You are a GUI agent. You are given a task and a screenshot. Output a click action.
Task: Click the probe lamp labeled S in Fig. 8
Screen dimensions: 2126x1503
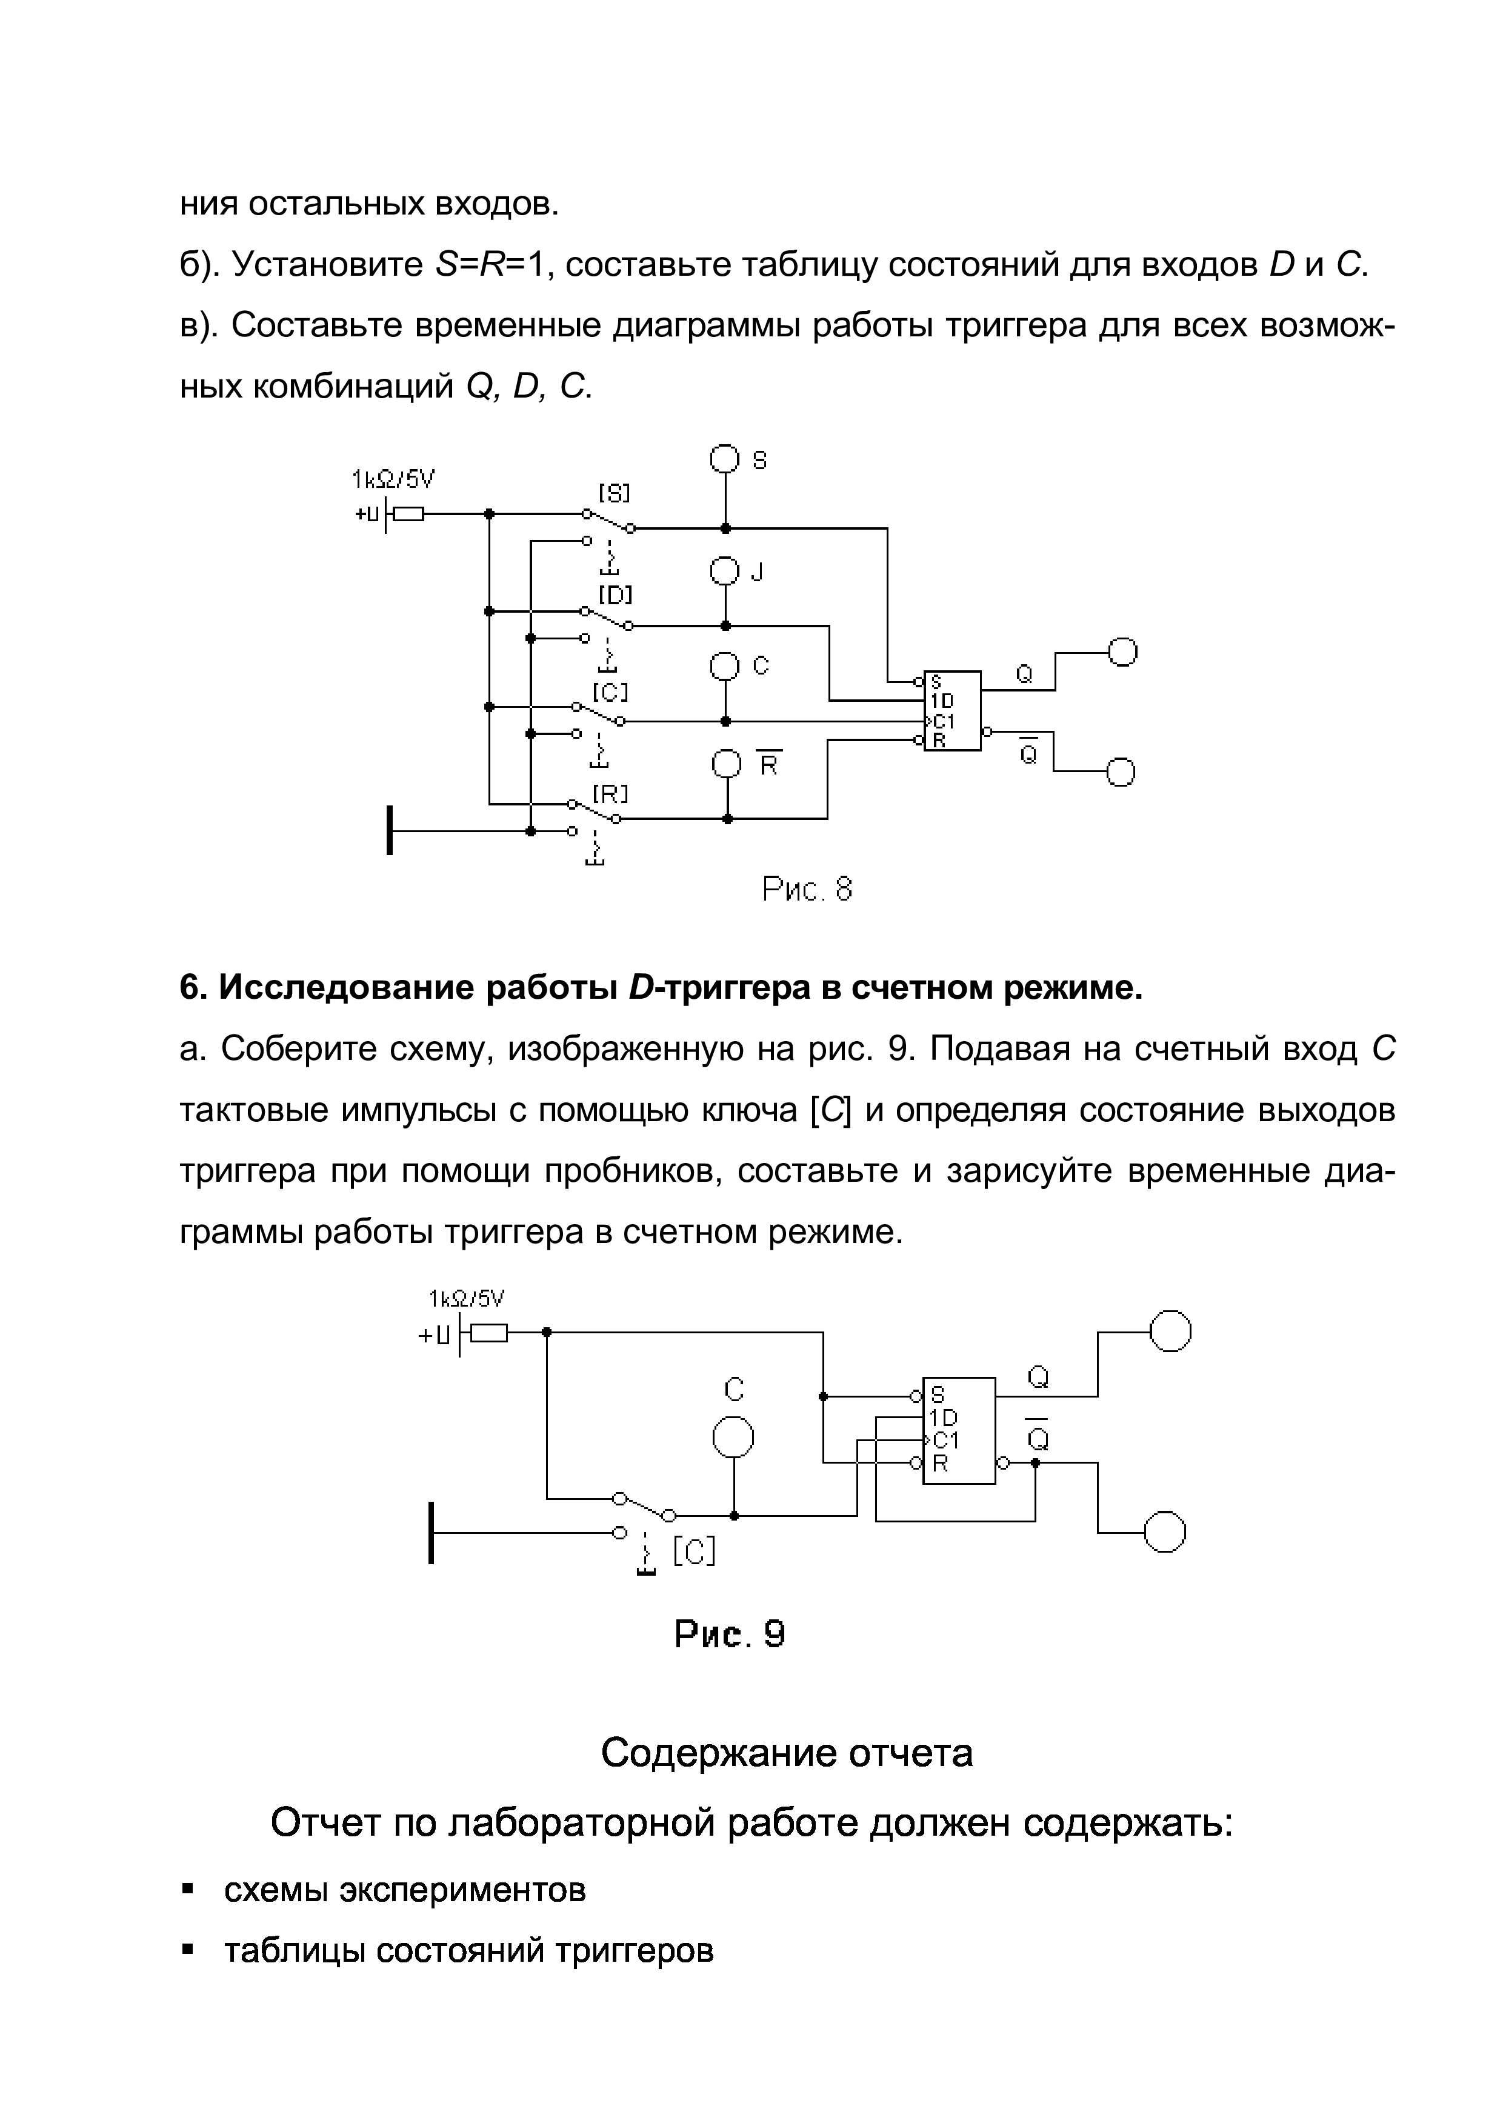point(725,459)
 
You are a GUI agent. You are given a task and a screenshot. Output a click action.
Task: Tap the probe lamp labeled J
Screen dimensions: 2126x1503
point(725,570)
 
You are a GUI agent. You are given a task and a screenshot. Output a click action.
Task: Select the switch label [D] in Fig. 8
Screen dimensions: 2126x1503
point(615,593)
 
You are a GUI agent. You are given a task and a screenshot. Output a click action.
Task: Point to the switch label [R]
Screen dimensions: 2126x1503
point(612,793)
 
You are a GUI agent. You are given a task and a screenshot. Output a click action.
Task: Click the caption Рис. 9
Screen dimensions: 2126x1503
point(730,1634)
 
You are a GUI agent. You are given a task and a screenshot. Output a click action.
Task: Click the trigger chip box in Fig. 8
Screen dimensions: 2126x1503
point(952,710)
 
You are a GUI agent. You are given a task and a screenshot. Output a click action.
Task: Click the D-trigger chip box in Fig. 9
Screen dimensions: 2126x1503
point(959,1431)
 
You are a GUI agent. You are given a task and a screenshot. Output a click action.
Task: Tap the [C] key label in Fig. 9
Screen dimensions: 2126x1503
point(693,1551)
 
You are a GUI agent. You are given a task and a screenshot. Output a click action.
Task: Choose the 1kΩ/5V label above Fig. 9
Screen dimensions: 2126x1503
point(467,1299)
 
